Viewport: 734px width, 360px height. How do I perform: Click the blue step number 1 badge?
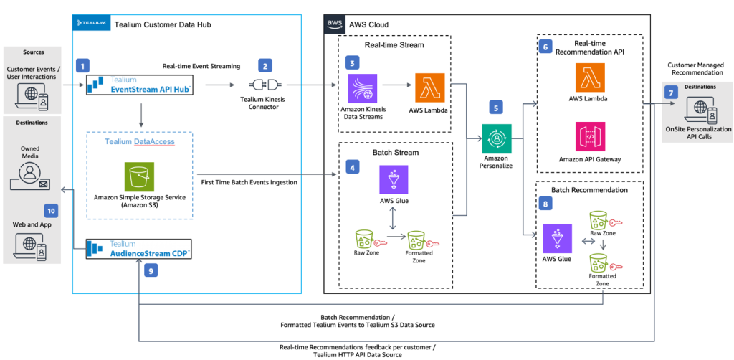[84, 65]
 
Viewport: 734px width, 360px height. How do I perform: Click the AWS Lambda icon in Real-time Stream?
[429, 88]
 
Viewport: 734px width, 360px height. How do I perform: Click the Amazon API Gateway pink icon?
[590, 135]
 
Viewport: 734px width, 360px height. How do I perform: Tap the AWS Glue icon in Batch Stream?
[394, 180]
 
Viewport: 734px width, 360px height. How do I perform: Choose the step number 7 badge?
[671, 93]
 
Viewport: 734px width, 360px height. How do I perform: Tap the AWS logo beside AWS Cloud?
[334, 24]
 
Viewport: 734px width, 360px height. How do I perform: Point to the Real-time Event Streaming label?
[201, 66]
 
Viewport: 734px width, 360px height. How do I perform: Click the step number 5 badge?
[495, 106]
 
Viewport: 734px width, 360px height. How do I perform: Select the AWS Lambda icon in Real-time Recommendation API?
[590, 77]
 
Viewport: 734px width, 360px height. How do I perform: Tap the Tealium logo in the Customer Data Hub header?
[90, 24]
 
